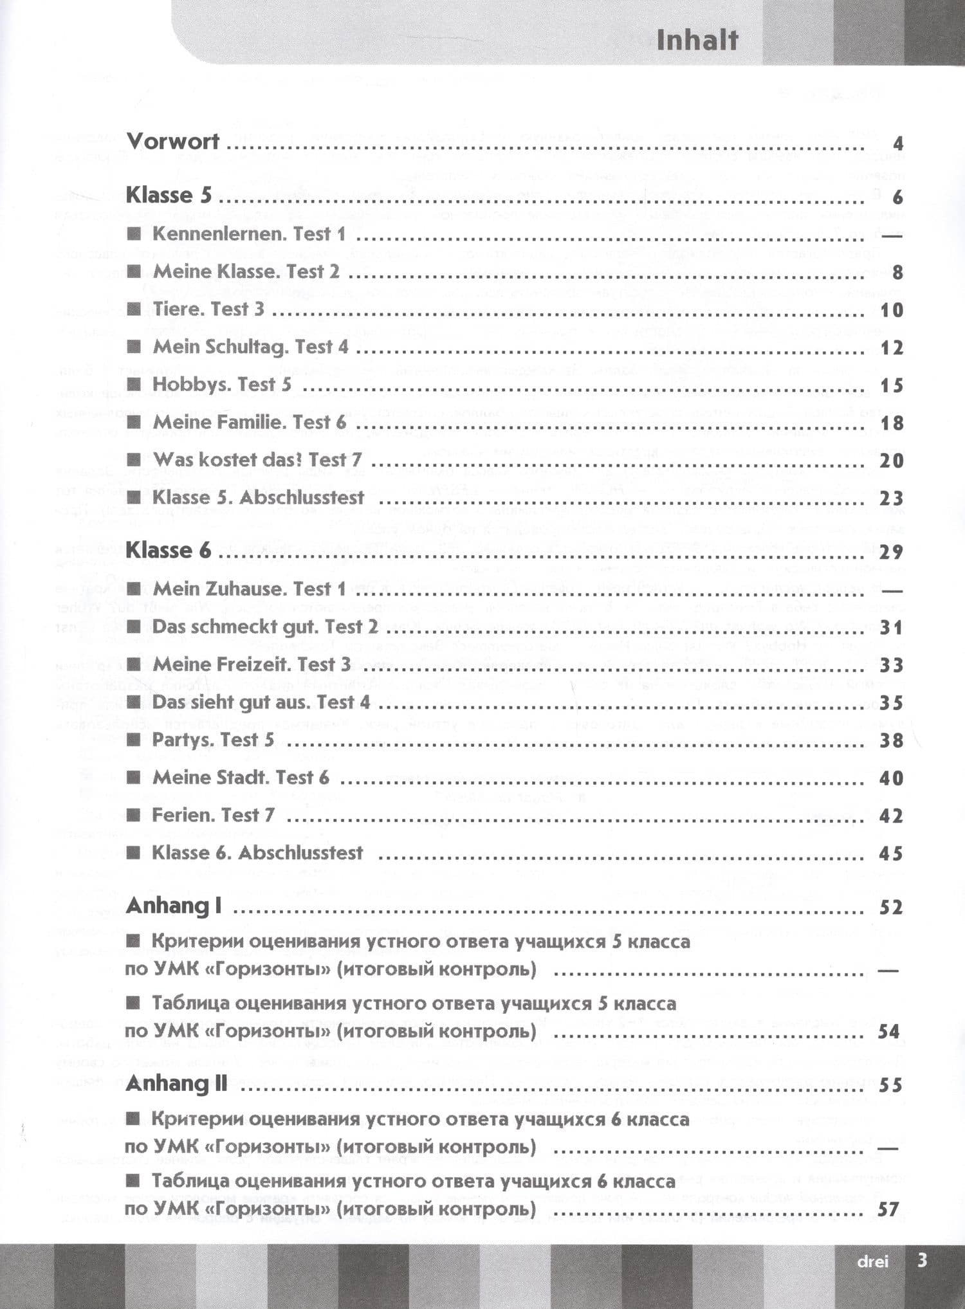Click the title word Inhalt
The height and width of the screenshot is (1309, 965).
click(x=697, y=41)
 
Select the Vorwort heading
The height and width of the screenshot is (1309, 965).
click(x=172, y=142)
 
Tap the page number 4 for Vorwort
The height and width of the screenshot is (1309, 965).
click(x=898, y=143)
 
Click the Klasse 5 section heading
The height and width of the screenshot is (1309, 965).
click(x=169, y=196)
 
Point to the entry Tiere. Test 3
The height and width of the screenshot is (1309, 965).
click(x=208, y=309)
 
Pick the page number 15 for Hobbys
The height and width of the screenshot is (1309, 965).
click(x=892, y=386)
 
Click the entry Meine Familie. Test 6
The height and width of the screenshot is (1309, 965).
click(x=249, y=423)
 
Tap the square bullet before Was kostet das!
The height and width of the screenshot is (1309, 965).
click(x=134, y=460)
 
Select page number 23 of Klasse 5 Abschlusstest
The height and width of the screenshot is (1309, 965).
click(x=892, y=499)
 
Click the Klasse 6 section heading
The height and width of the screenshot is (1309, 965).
click(x=169, y=551)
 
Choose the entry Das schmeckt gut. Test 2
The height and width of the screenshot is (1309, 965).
click(x=265, y=627)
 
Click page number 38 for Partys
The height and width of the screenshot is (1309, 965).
click(x=892, y=740)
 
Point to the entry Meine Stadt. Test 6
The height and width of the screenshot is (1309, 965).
click(x=241, y=778)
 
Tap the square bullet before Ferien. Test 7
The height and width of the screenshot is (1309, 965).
click(x=134, y=816)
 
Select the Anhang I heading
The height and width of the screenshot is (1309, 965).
click(x=174, y=906)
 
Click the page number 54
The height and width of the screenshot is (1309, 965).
click(x=888, y=1032)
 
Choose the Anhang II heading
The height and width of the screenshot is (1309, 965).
click(x=177, y=1084)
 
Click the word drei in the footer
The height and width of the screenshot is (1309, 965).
click(x=872, y=1261)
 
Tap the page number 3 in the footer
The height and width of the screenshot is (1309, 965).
click(x=922, y=1260)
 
